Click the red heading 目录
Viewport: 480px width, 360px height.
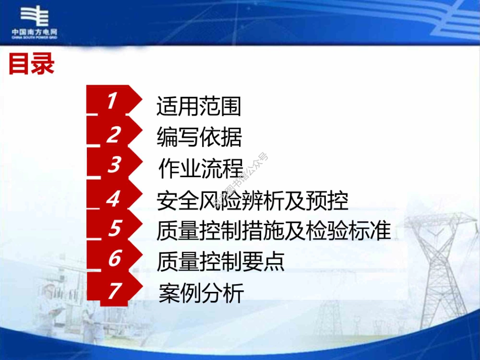point(31,65)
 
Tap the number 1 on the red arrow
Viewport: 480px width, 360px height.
point(112,101)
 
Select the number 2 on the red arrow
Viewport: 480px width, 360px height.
point(114,134)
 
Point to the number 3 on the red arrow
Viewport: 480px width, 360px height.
point(114,165)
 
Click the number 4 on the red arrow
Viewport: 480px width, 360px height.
point(113,198)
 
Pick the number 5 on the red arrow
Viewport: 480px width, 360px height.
point(114,229)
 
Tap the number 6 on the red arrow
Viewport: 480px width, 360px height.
point(114,259)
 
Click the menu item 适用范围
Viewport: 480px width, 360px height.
point(199,107)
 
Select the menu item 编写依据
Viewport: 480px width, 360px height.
point(199,137)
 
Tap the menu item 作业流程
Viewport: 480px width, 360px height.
point(201,168)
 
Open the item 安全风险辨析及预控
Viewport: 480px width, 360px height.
point(253,200)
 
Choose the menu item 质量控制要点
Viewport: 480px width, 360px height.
point(220,261)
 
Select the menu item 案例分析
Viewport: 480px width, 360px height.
point(201,293)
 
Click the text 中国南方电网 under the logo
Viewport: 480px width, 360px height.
point(34,32)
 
